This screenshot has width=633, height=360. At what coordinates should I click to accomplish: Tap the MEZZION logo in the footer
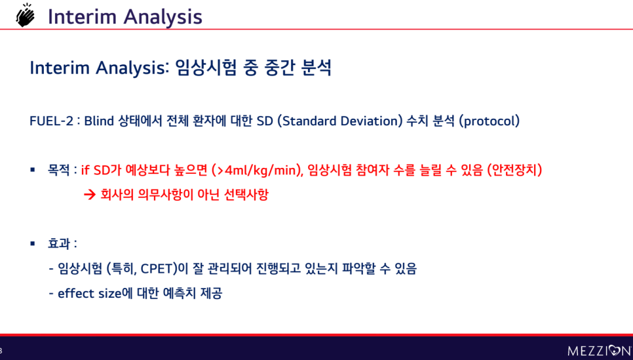pyautogui.click(x=600, y=350)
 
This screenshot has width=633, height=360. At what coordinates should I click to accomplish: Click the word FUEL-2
pyautogui.click(x=51, y=121)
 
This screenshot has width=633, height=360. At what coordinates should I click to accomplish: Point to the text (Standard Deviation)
pyautogui.click(x=340, y=121)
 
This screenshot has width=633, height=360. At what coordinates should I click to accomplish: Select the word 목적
pyautogui.click(x=58, y=170)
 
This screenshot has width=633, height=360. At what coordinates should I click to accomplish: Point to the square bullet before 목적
pyautogui.click(x=33, y=170)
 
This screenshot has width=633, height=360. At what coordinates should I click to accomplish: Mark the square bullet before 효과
pyautogui.click(x=33, y=243)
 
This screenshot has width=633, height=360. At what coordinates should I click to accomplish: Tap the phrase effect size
pyautogui.click(x=90, y=293)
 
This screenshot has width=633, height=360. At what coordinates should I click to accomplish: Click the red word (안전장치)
pyautogui.click(x=514, y=170)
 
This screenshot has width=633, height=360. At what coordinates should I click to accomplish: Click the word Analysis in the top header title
pyautogui.click(x=163, y=17)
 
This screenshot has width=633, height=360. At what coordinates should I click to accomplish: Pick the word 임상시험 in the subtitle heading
pyautogui.click(x=206, y=67)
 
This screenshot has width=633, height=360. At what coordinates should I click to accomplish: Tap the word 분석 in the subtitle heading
pyautogui.click(x=316, y=67)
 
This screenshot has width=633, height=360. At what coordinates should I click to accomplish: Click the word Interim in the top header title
pyautogui.click(x=82, y=16)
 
